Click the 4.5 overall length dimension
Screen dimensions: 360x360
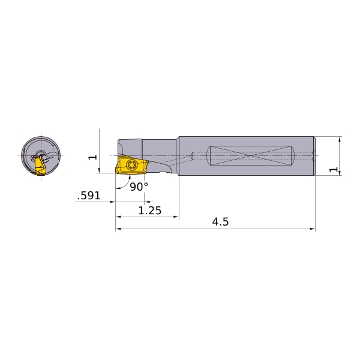220,222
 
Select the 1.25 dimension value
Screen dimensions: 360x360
150,211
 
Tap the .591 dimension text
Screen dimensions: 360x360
89,196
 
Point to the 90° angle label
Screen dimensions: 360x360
139,187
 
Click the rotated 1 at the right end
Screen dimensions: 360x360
334,169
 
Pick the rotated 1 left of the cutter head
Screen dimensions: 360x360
93,157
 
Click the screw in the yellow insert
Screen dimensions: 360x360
131,164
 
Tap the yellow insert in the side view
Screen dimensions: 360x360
131,166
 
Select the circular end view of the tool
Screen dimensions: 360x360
41,155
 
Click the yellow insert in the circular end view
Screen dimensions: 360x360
40,166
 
